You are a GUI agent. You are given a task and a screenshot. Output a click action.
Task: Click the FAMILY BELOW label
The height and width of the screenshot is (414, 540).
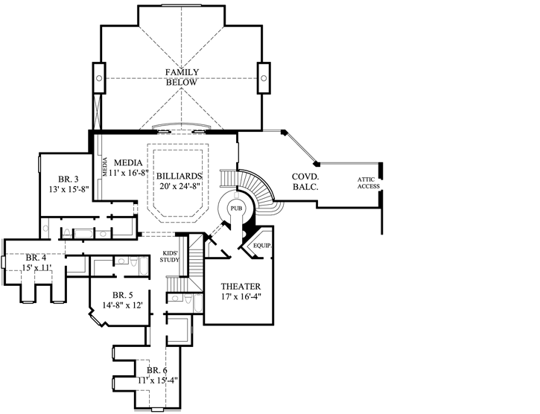pyautogui.click(x=182, y=77)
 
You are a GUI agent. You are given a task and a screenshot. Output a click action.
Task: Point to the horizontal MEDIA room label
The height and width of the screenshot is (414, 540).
pyautogui.click(x=130, y=162)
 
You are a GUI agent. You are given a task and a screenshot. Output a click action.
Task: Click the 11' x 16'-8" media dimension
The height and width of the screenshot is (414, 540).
pyautogui.click(x=128, y=173)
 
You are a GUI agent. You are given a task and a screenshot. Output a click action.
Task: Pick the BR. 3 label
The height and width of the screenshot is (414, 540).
pyautogui.click(x=69, y=179)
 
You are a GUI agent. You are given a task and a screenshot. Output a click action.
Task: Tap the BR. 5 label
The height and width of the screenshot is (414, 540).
pyautogui.click(x=122, y=294)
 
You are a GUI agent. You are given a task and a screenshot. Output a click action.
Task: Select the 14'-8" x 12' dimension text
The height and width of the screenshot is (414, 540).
pyautogui.click(x=122, y=305)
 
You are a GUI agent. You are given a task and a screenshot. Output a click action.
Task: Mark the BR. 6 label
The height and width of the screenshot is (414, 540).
pyautogui.click(x=156, y=370)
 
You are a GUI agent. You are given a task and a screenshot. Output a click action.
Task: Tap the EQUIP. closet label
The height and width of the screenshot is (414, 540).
pyautogui.click(x=261, y=245)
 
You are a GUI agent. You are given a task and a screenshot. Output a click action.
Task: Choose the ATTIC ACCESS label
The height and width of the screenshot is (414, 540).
pyautogui.click(x=368, y=182)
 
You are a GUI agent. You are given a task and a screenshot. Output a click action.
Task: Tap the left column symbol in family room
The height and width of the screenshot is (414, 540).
pyautogui.click(x=98, y=77)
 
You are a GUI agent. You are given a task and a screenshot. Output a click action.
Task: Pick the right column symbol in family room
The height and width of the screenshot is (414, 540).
pyautogui.click(x=264, y=77)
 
